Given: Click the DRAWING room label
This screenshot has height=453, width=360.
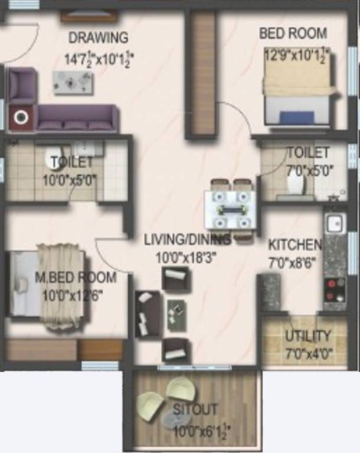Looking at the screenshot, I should click(98, 38).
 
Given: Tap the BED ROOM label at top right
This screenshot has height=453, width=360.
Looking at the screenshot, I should click(293, 33).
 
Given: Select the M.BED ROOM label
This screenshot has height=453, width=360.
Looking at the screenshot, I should click(75, 277).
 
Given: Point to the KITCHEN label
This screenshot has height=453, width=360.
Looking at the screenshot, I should click(294, 244).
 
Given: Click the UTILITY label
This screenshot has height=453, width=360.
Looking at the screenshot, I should click(308, 336).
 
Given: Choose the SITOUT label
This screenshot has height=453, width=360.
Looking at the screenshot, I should click(195, 409).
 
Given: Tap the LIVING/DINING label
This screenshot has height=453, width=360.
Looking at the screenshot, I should click(187, 239).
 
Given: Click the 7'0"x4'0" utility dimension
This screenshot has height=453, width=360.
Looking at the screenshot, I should click(309, 354).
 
